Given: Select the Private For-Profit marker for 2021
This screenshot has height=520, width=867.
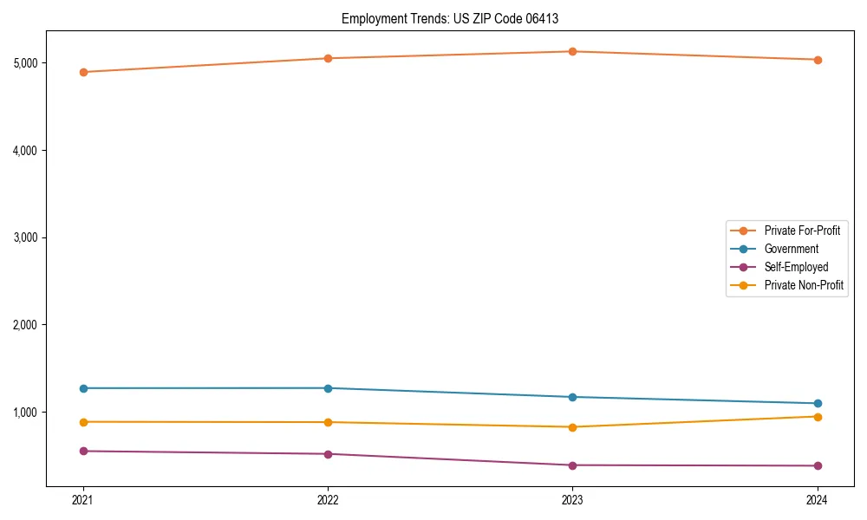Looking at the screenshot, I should tap(83, 72).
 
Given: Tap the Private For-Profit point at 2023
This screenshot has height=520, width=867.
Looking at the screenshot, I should tap(572, 51).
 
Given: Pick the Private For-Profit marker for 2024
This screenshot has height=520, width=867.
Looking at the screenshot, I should tap(817, 60).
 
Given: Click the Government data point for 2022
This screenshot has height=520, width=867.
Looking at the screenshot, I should tap(328, 388).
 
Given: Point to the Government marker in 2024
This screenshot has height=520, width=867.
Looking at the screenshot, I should tap(817, 403).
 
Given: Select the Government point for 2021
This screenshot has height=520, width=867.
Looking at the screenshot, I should tap(83, 388).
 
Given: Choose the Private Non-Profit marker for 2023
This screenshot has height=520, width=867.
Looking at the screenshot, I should tap(572, 427).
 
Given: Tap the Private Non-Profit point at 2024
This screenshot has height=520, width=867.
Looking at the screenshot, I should tap(817, 417).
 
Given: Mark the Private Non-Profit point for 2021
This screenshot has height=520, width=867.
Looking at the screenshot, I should tap(83, 422).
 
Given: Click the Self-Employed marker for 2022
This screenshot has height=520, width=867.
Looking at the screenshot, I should tap(328, 454).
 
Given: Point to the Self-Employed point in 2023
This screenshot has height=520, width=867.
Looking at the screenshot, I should tap(572, 465).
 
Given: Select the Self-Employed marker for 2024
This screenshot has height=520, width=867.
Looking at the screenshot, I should tap(817, 466).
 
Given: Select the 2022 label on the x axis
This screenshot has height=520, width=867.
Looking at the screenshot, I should tap(328, 499).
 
